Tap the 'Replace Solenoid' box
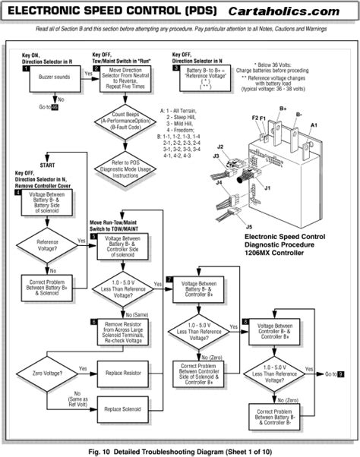click(123, 410)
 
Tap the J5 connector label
click(251, 225)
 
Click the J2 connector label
click(219, 147)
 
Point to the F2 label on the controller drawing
click(255, 118)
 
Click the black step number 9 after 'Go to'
click(342, 374)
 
